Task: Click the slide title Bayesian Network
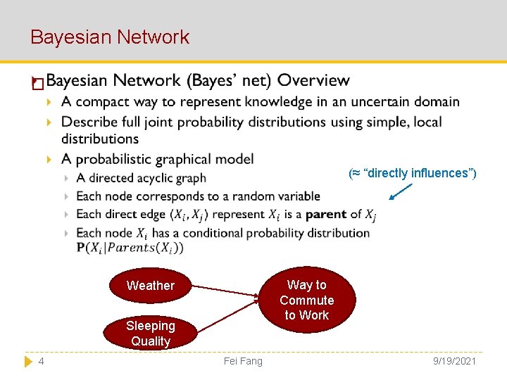click(x=110, y=37)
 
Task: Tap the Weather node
click(x=150, y=286)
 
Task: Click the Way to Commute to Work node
click(x=306, y=300)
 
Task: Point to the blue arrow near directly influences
click(x=401, y=191)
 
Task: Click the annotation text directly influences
click(x=413, y=173)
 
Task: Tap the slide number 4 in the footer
click(x=42, y=361)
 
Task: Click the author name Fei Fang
click(x=242, y=361)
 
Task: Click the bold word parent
click(x=326, y=214)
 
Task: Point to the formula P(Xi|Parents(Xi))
click(x=130, y=247)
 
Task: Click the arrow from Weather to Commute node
click(x=225, y=291)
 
